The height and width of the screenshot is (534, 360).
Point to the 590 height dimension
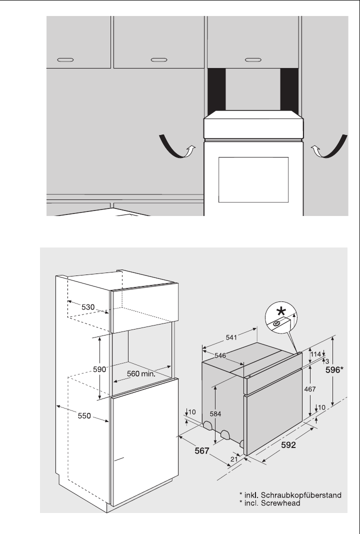pos(100,369)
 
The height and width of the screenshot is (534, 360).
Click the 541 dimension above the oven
pos(231,338)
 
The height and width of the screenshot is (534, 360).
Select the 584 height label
pos(215,414)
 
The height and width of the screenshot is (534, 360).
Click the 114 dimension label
pos(315,354)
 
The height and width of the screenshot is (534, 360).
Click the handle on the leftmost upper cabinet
pos(64,59)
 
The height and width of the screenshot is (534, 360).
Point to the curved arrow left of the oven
pos(175,147)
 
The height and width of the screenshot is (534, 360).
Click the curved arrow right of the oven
pos(328,147)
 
